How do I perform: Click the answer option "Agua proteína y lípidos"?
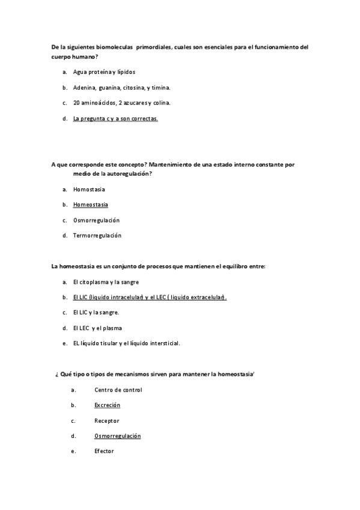(x=100, y=72)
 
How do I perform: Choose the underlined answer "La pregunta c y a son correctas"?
(x=115, y=118)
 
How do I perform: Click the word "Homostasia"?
(x=89, y=189)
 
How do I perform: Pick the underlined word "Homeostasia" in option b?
(x=91, y=204)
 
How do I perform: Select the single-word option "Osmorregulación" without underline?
(x=96, y=220)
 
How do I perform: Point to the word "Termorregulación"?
(x=97, y=235)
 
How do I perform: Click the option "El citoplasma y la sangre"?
(x=106, y=281)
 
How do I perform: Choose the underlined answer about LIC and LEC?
(x=150, y=297)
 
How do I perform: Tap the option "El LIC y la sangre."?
(x=96, y=313)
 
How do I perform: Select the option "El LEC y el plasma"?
(x=97, y=328)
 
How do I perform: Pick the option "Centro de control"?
(x=118, y=390)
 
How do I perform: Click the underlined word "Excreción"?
(x=107, y=405)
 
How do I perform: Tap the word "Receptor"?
(x=106, y=420)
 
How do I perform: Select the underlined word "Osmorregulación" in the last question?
(x=117, y=436)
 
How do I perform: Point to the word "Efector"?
(x=104, y=451)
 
